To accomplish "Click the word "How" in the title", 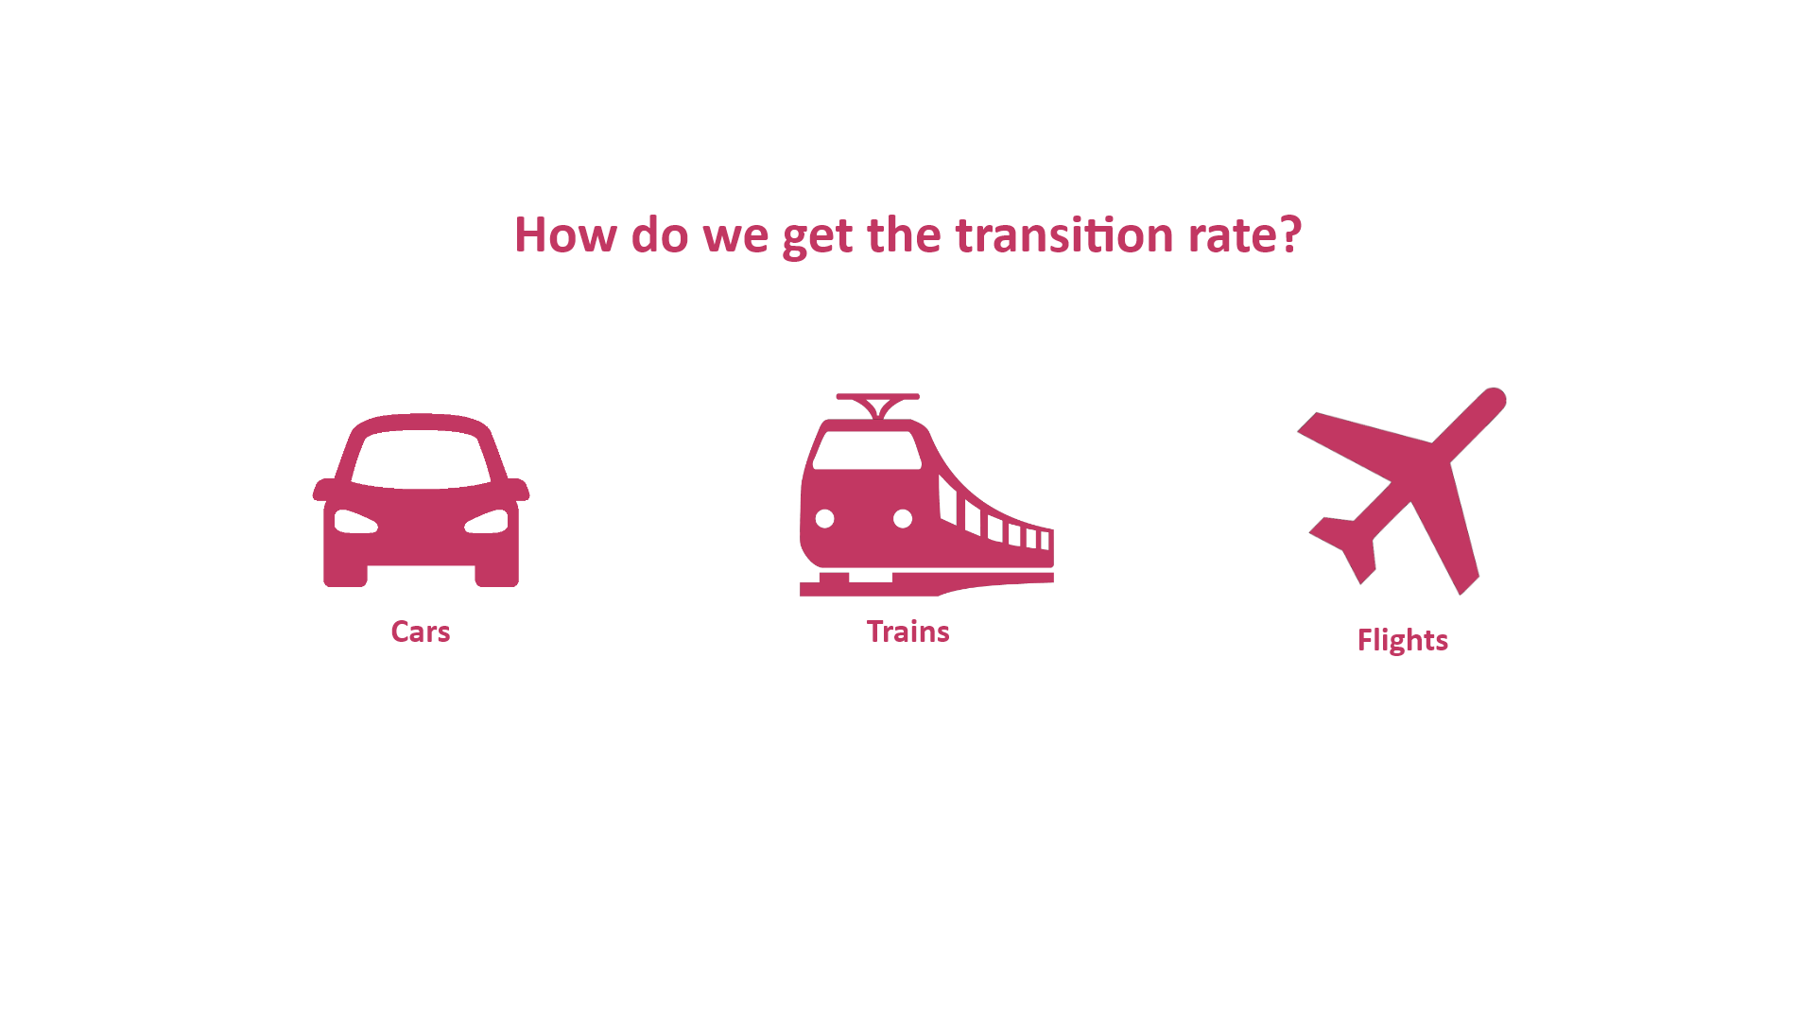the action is pos(565,234).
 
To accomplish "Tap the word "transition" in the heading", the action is pos(1064,234).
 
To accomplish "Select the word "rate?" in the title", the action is pos(1245,234).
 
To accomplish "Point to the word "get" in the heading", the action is pos(818,237).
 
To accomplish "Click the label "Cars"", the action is pos(421,632).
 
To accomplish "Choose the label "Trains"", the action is pos(907,632).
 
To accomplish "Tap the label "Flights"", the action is pos(1403,641).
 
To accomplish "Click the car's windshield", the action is pos(421,459).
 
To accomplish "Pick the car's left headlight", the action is pos(355,521).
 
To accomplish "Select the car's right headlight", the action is pos(487,521).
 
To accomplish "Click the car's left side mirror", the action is pos(323,490).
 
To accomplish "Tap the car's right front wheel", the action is pos(496,575).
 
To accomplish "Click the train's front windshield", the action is pos(867,450).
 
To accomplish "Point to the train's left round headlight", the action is pos(825,519).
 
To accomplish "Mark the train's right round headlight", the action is pos(903,519).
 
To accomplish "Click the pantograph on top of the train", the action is pos(878,406).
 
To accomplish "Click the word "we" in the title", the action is pos(735,236).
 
